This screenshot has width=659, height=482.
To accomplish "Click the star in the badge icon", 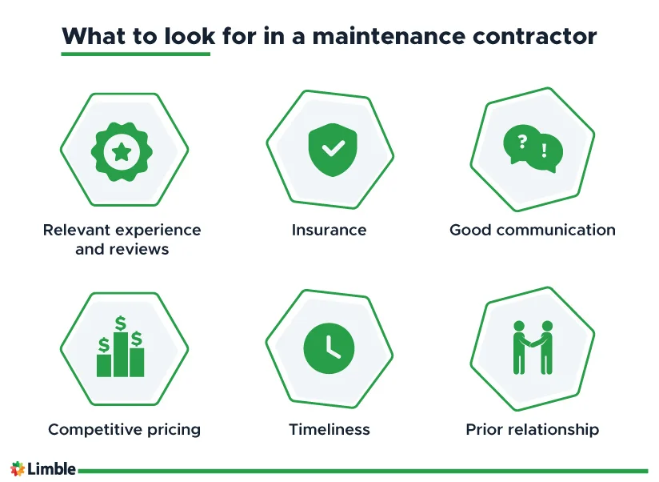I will (122, 151).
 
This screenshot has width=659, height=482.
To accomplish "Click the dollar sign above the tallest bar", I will (121, 323).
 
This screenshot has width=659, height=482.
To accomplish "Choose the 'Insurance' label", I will (329, 231).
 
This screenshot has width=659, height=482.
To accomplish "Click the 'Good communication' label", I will (533, 231).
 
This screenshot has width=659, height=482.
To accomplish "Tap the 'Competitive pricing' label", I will (124, 430).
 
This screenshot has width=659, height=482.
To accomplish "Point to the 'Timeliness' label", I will (329, 430).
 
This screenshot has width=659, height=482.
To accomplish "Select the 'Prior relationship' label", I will (533, 430).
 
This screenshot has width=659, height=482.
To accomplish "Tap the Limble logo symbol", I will (18, 469).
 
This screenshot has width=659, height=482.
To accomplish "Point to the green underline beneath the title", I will (135, 54).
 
